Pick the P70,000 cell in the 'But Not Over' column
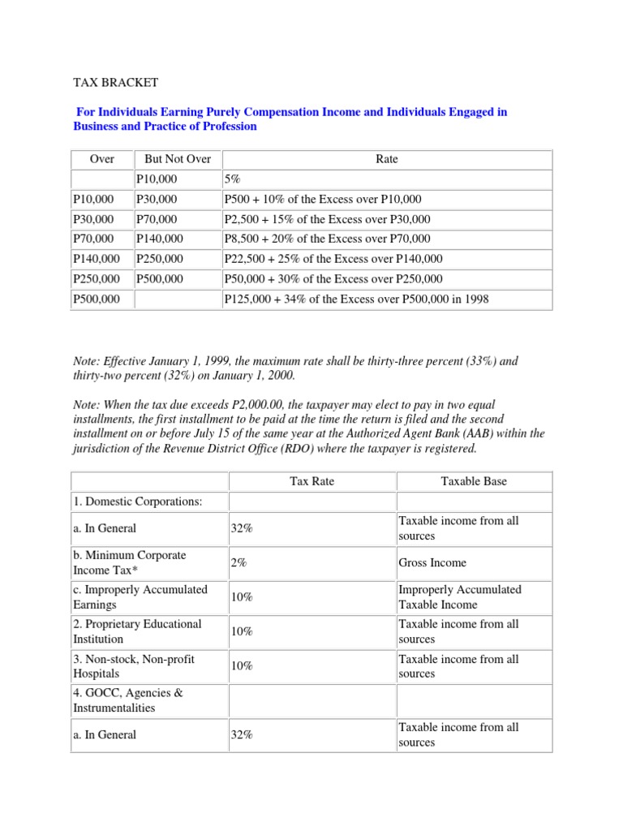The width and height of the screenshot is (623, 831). coord(157,219)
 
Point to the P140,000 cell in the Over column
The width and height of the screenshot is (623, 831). coord(96,258)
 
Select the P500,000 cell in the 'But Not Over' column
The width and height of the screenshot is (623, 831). coord(160,278)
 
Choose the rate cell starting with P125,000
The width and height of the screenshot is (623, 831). coord(356,299)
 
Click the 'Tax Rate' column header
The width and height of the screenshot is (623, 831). coord(312,481)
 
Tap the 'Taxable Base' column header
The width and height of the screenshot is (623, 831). coord(474,481)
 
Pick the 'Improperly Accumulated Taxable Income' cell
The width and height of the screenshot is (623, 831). coord(460,597)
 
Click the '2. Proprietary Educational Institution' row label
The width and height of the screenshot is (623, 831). coord(137,631)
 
